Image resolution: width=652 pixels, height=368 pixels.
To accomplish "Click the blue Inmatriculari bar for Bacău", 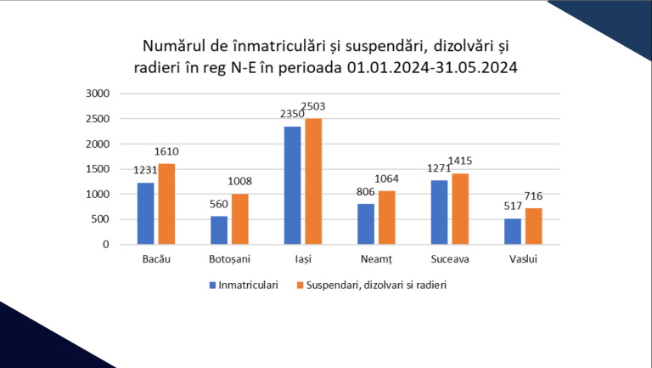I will coord(145,213).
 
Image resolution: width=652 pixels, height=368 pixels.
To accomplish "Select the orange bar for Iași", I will coord(313,181).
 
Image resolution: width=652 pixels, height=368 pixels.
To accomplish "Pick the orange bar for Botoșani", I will coord(240,219).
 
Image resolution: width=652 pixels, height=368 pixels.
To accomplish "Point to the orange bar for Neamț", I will coord(386,218).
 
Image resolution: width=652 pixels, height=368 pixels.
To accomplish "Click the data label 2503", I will coord(313,107).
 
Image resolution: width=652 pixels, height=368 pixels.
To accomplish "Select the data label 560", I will coord(219,205).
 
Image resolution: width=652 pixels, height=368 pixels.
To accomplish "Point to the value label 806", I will coord(366,193).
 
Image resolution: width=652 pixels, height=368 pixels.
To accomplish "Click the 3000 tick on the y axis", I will coord(98,93).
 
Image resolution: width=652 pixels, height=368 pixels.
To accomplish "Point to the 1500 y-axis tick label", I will coord(98,169).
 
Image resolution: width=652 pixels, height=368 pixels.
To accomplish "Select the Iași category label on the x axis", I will coord(303,259).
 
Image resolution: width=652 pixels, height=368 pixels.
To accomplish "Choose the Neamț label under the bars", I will coord(376,259).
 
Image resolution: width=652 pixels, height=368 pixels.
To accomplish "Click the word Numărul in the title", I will coord(177,43).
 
